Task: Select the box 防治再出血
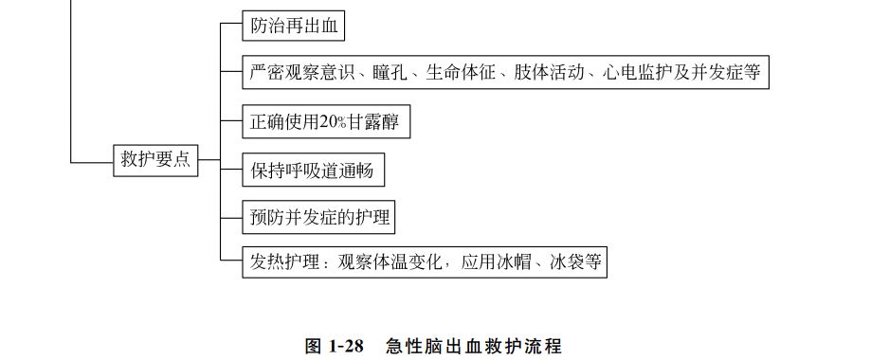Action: point(292,27)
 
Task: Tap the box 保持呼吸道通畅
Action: point(313,171)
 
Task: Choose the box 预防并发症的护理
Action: point(319,218)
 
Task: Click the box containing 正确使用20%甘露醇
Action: point(328,123)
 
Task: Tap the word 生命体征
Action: point(462,73)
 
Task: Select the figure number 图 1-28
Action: point(335,346)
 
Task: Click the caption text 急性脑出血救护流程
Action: point(473,346)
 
